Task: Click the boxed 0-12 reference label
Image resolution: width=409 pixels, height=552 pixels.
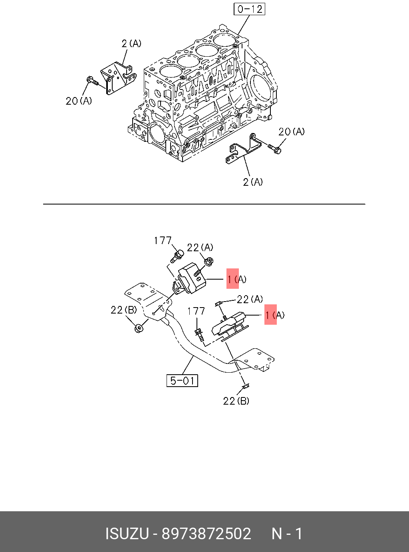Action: (x=249, y=9)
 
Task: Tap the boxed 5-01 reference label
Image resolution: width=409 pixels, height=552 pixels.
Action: (x=182, y=381)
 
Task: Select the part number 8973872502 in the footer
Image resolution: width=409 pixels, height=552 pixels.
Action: (x=206, y=534)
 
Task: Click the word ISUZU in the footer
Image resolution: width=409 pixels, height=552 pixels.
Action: (x=127, y=534)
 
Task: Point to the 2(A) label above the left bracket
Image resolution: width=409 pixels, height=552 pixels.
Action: (x=131, y=43)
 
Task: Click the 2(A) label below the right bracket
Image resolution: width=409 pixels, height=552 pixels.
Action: (x=253, y=182)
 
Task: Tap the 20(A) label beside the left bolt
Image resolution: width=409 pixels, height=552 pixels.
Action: (x=79, y=101)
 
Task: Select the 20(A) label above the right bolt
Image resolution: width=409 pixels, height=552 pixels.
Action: (x=291, y=131)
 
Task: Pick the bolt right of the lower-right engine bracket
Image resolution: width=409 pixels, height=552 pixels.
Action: (x=275, y=149)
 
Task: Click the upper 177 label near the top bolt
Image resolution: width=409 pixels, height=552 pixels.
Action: (x=163, y=240)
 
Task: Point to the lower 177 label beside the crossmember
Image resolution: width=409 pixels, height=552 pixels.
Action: (x=196, y=311)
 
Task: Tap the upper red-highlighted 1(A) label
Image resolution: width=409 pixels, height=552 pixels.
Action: (x=236, y=279)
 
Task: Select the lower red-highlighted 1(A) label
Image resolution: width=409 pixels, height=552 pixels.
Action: (x=274, y=315)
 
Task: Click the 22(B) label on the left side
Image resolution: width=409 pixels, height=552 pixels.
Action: (x=123, y=310)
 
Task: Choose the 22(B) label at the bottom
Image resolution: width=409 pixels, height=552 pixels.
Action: (x=236, y=401)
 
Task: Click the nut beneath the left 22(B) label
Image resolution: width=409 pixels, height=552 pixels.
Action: (x=139, y=328)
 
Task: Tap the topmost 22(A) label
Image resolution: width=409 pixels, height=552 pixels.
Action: (x=200, y=248)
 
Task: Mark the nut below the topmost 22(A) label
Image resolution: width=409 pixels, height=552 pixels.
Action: (x=208, y=262)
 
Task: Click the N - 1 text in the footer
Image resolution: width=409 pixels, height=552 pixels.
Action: (x=287, y=534)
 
